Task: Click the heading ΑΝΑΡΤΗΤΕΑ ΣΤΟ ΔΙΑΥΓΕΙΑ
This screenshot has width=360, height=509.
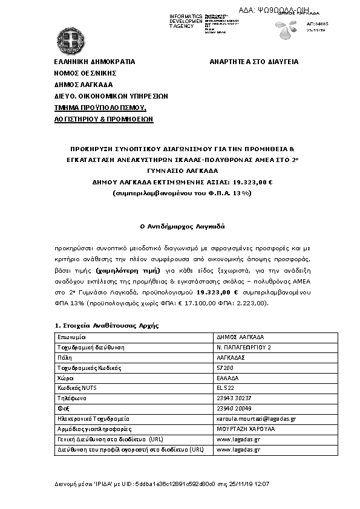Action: click(x=254, y=62)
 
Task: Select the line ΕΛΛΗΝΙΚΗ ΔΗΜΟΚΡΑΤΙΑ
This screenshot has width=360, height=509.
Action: click(x=94, y=62)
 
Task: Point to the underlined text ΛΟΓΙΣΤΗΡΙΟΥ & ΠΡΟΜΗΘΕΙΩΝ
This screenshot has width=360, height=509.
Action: click(x=103, y=119)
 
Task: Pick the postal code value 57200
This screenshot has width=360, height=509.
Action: click(x=224, y=368)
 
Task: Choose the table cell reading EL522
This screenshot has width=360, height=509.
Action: click(x=225, y=388)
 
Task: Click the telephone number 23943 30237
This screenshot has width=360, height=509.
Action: click(x=234, y=398)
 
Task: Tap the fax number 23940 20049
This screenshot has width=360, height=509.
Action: click(x=234, y=409)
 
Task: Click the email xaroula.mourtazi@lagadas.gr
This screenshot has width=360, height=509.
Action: click(x=256, y=419)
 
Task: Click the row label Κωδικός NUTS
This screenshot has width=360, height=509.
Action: click(x=77, y=388)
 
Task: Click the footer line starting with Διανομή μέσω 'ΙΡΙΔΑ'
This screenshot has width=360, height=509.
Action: click(x=162, y=484)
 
